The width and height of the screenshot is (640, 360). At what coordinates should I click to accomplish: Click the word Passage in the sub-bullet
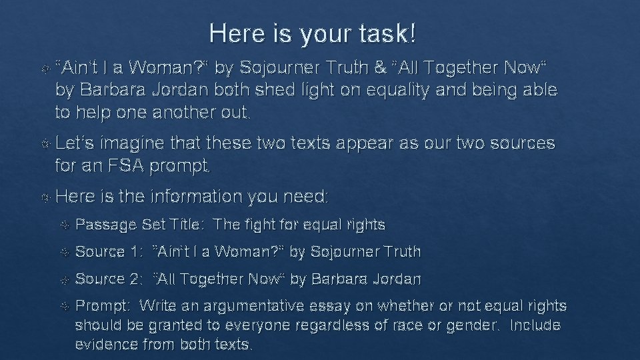(105, 225)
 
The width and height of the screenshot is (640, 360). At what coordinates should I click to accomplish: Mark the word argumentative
(256, 307)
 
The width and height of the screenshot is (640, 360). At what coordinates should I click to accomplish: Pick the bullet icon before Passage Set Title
(63, 225)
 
